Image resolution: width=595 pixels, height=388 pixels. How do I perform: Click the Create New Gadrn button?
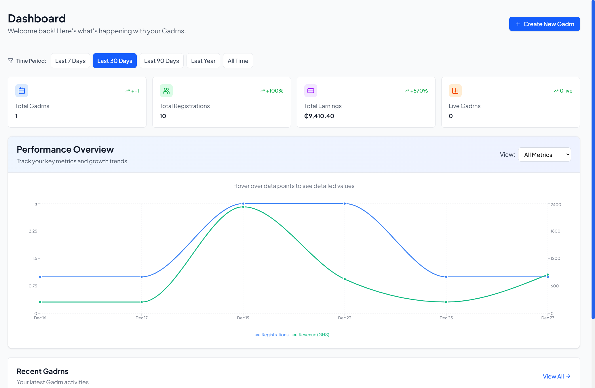pyautogui.click(x=544, y=24)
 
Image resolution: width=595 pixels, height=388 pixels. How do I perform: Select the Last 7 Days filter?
pyautogui.click(x=70, y=61)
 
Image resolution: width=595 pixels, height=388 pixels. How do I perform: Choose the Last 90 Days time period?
pyautogui.click(x=161, y=61)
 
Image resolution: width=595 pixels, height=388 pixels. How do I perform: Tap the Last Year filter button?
pyautogui.click(x=203, y=61)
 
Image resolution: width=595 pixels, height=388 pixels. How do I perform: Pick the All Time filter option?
pyautogui.click(x=238, y=61)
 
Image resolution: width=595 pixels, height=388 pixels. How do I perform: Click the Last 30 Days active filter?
pyautogui.click(x=115, y=61)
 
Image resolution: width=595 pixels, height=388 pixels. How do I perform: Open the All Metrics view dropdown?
pyautogui.click(x=544, y=155)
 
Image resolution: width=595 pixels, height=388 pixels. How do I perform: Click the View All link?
pyautogui.click(x=556, y=376)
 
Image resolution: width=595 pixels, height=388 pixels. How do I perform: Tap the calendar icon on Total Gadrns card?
pyautogui.click(x=22, y=91)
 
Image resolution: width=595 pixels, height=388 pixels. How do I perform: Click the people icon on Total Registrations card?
pyautogui.click(x=166, y=91)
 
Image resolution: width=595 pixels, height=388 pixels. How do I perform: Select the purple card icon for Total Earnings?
pyautogui.click(x=311, y=91)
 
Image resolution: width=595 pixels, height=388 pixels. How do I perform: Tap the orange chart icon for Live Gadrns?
pyautogui.click(x=455, y=91)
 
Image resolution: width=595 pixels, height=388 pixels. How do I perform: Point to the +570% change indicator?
pyautogui.click(x=417, y=91)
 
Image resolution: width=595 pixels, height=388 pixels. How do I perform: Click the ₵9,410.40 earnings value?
pyautogui.click(x=319, y=116)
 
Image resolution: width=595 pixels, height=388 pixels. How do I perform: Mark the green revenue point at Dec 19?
pyautogui.click(x=243, y=207)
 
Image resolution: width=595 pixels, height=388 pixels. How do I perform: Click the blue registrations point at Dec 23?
pyautogui.click(x=345, y=203)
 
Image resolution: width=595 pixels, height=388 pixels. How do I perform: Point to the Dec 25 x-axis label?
pyautogui.click(x=446, y=318)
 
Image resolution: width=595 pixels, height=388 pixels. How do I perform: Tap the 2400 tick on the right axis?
pyautogui.click(x=556, y=205)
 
